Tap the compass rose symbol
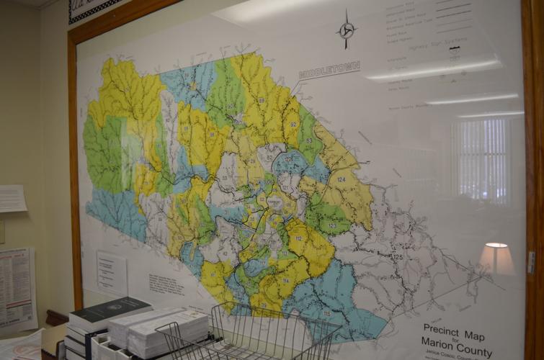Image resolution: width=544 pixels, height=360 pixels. point(346,30)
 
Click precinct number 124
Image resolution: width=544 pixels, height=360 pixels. point(341,179)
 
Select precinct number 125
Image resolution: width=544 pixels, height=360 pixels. point(396,256)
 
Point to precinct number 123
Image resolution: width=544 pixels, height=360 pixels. point(332,226)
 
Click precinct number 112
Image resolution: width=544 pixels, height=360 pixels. point(298,239)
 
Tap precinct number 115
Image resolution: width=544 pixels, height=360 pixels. point(326,313)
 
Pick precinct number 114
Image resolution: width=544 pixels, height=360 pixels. point(285,280)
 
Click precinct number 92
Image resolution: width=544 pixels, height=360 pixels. point(293,125)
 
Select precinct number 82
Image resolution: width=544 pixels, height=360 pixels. point(270,156)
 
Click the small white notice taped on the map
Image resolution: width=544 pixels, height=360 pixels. point(111,271)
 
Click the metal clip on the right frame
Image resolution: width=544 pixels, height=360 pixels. point(531,261)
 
